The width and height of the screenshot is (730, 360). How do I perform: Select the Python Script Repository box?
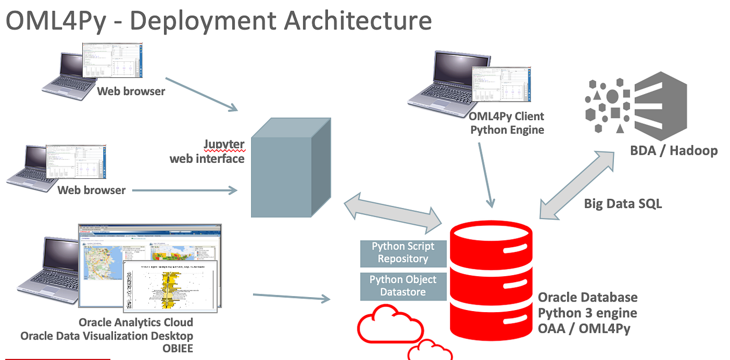(x=403, y=253)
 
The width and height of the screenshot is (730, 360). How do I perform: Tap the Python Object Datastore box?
(x=403, y=286)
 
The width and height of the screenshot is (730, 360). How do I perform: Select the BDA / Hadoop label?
(x=674, y=150)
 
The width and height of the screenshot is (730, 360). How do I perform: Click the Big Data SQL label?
(x=622, y=203)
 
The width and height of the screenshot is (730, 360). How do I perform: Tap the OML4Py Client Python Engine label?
(x=506, y=123)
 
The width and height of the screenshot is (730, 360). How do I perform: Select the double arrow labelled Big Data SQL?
(x=578, y=184)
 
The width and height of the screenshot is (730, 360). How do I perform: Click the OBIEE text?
(x=177, y=348)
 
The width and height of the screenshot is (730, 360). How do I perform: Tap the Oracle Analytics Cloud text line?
(x=135, y=322)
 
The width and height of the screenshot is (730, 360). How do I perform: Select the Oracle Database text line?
(x=588, y=298)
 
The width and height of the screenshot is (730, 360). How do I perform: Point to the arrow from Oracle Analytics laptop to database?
(x=291, y=297)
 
